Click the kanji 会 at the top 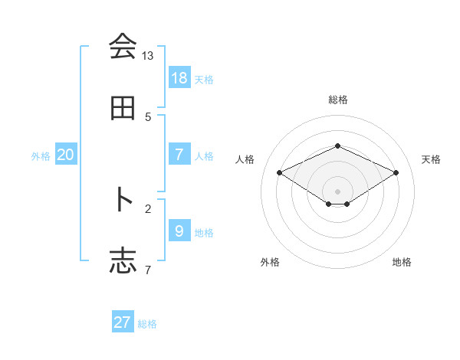(123, 47)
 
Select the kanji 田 (123, 109)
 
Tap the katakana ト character (123, 199)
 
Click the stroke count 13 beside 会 (148, 56)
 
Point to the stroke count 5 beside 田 (148, 117)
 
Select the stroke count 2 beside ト (148, 208)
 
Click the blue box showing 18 (179, 77)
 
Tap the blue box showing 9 (179, 231)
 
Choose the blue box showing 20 (66, 155)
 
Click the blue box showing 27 (123, 322)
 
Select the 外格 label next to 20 (41, 156)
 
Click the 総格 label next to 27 (147, 324)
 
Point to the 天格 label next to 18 (204, 79)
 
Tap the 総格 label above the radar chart (337, 100)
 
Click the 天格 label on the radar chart (431, 159)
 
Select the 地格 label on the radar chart (402, 262)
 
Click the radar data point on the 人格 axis (279, 172)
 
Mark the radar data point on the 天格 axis (396, 172)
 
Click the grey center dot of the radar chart (337, 191)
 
